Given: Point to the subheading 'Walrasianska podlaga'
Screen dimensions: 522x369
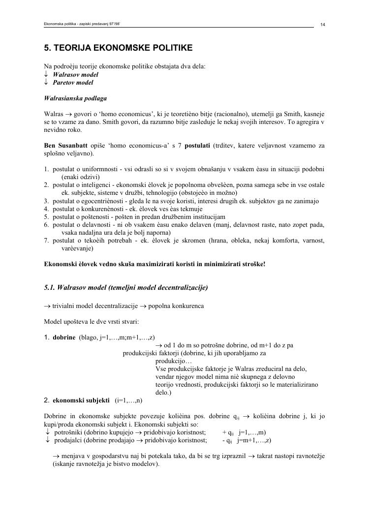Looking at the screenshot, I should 75,98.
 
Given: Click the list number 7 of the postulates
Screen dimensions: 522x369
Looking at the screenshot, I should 46,240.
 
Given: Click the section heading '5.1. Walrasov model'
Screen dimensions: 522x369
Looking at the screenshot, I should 125,287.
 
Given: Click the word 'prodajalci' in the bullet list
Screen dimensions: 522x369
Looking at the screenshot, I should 69,440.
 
